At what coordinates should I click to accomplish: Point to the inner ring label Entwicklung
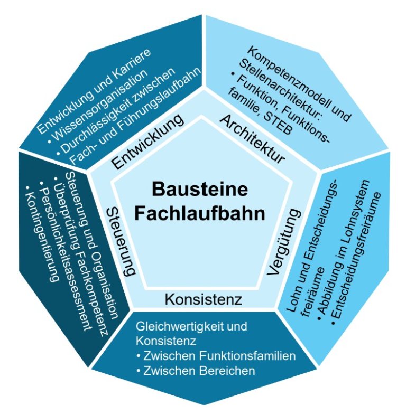click(x=149, y=141)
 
